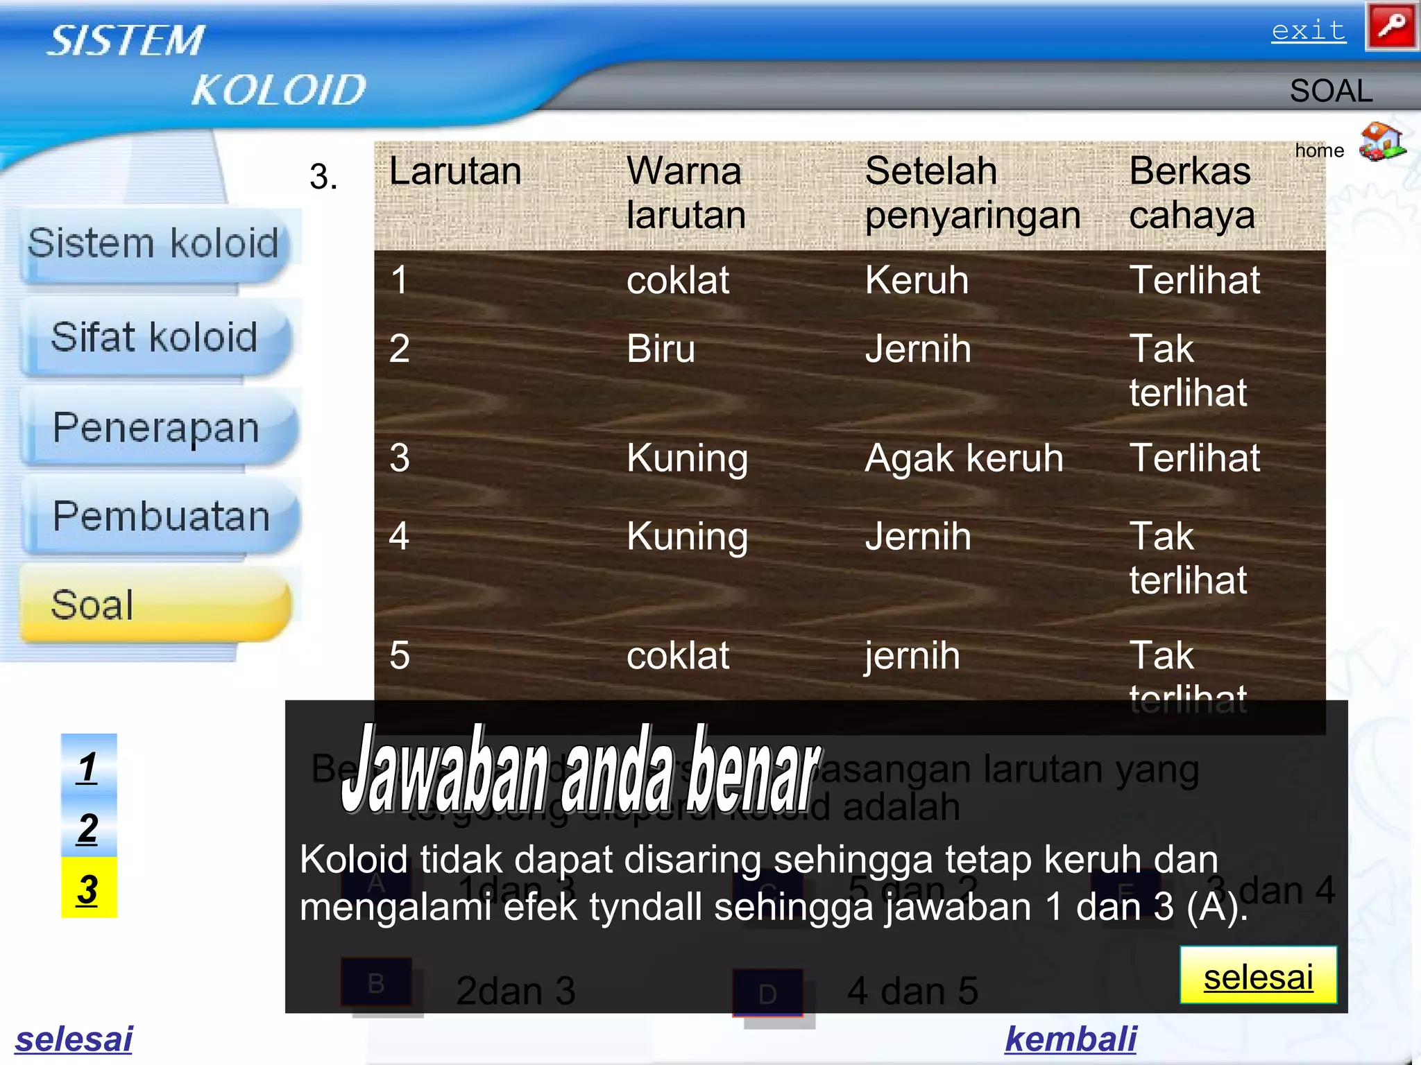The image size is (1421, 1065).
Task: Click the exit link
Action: [x=1308, y=31]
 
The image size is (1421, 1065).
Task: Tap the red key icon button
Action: [x=1391, y=27]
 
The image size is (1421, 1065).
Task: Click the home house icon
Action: [x=1381, y=142]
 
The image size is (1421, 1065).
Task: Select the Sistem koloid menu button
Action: [x=154, y=244]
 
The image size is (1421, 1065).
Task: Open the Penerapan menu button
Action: [x=157, y=427]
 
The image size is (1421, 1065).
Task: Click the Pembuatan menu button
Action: [x=161, y=517]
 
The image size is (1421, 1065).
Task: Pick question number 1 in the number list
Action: [x=88, y=767]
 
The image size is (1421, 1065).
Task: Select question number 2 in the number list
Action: [x=88, y=828]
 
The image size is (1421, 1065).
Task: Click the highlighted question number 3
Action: [x=88, y=889]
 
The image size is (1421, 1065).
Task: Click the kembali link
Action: [x=1070, y=1039]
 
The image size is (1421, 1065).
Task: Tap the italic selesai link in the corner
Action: [x=74, y=1039]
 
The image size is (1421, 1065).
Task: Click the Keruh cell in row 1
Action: [x=917, y=280]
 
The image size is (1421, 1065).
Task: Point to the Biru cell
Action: [x=661, y=348]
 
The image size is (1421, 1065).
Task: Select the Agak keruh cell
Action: [x=964, y=458]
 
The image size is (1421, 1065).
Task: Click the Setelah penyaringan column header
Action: [x=972, y=193]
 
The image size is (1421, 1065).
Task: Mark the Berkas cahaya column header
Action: [x=1191, y=193]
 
